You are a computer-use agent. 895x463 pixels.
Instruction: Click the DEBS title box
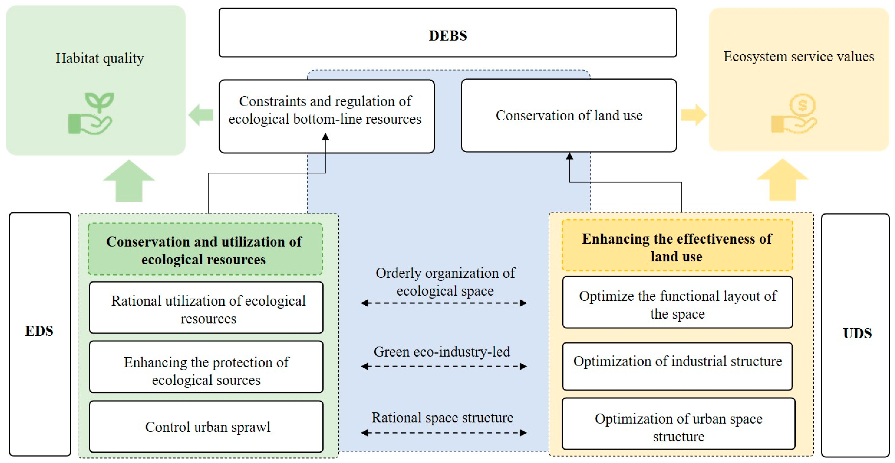447,33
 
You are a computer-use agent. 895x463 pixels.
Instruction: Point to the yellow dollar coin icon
796,113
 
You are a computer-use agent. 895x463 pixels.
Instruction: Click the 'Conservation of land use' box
569,115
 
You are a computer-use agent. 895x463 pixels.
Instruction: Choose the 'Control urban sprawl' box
206,427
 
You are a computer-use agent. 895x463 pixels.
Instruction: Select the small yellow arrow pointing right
693,115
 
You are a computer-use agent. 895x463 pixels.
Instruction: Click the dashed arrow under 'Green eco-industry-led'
444,366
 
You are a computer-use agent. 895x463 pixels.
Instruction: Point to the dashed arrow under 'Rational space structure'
444,433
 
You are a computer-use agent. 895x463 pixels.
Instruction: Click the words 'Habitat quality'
100,58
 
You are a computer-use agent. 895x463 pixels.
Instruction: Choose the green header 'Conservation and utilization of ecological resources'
205,250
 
